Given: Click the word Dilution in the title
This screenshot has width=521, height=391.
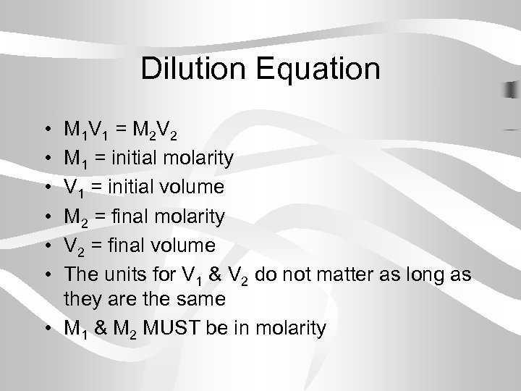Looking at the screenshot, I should (193, 69).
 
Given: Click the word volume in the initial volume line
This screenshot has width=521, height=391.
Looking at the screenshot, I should (191, 187).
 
